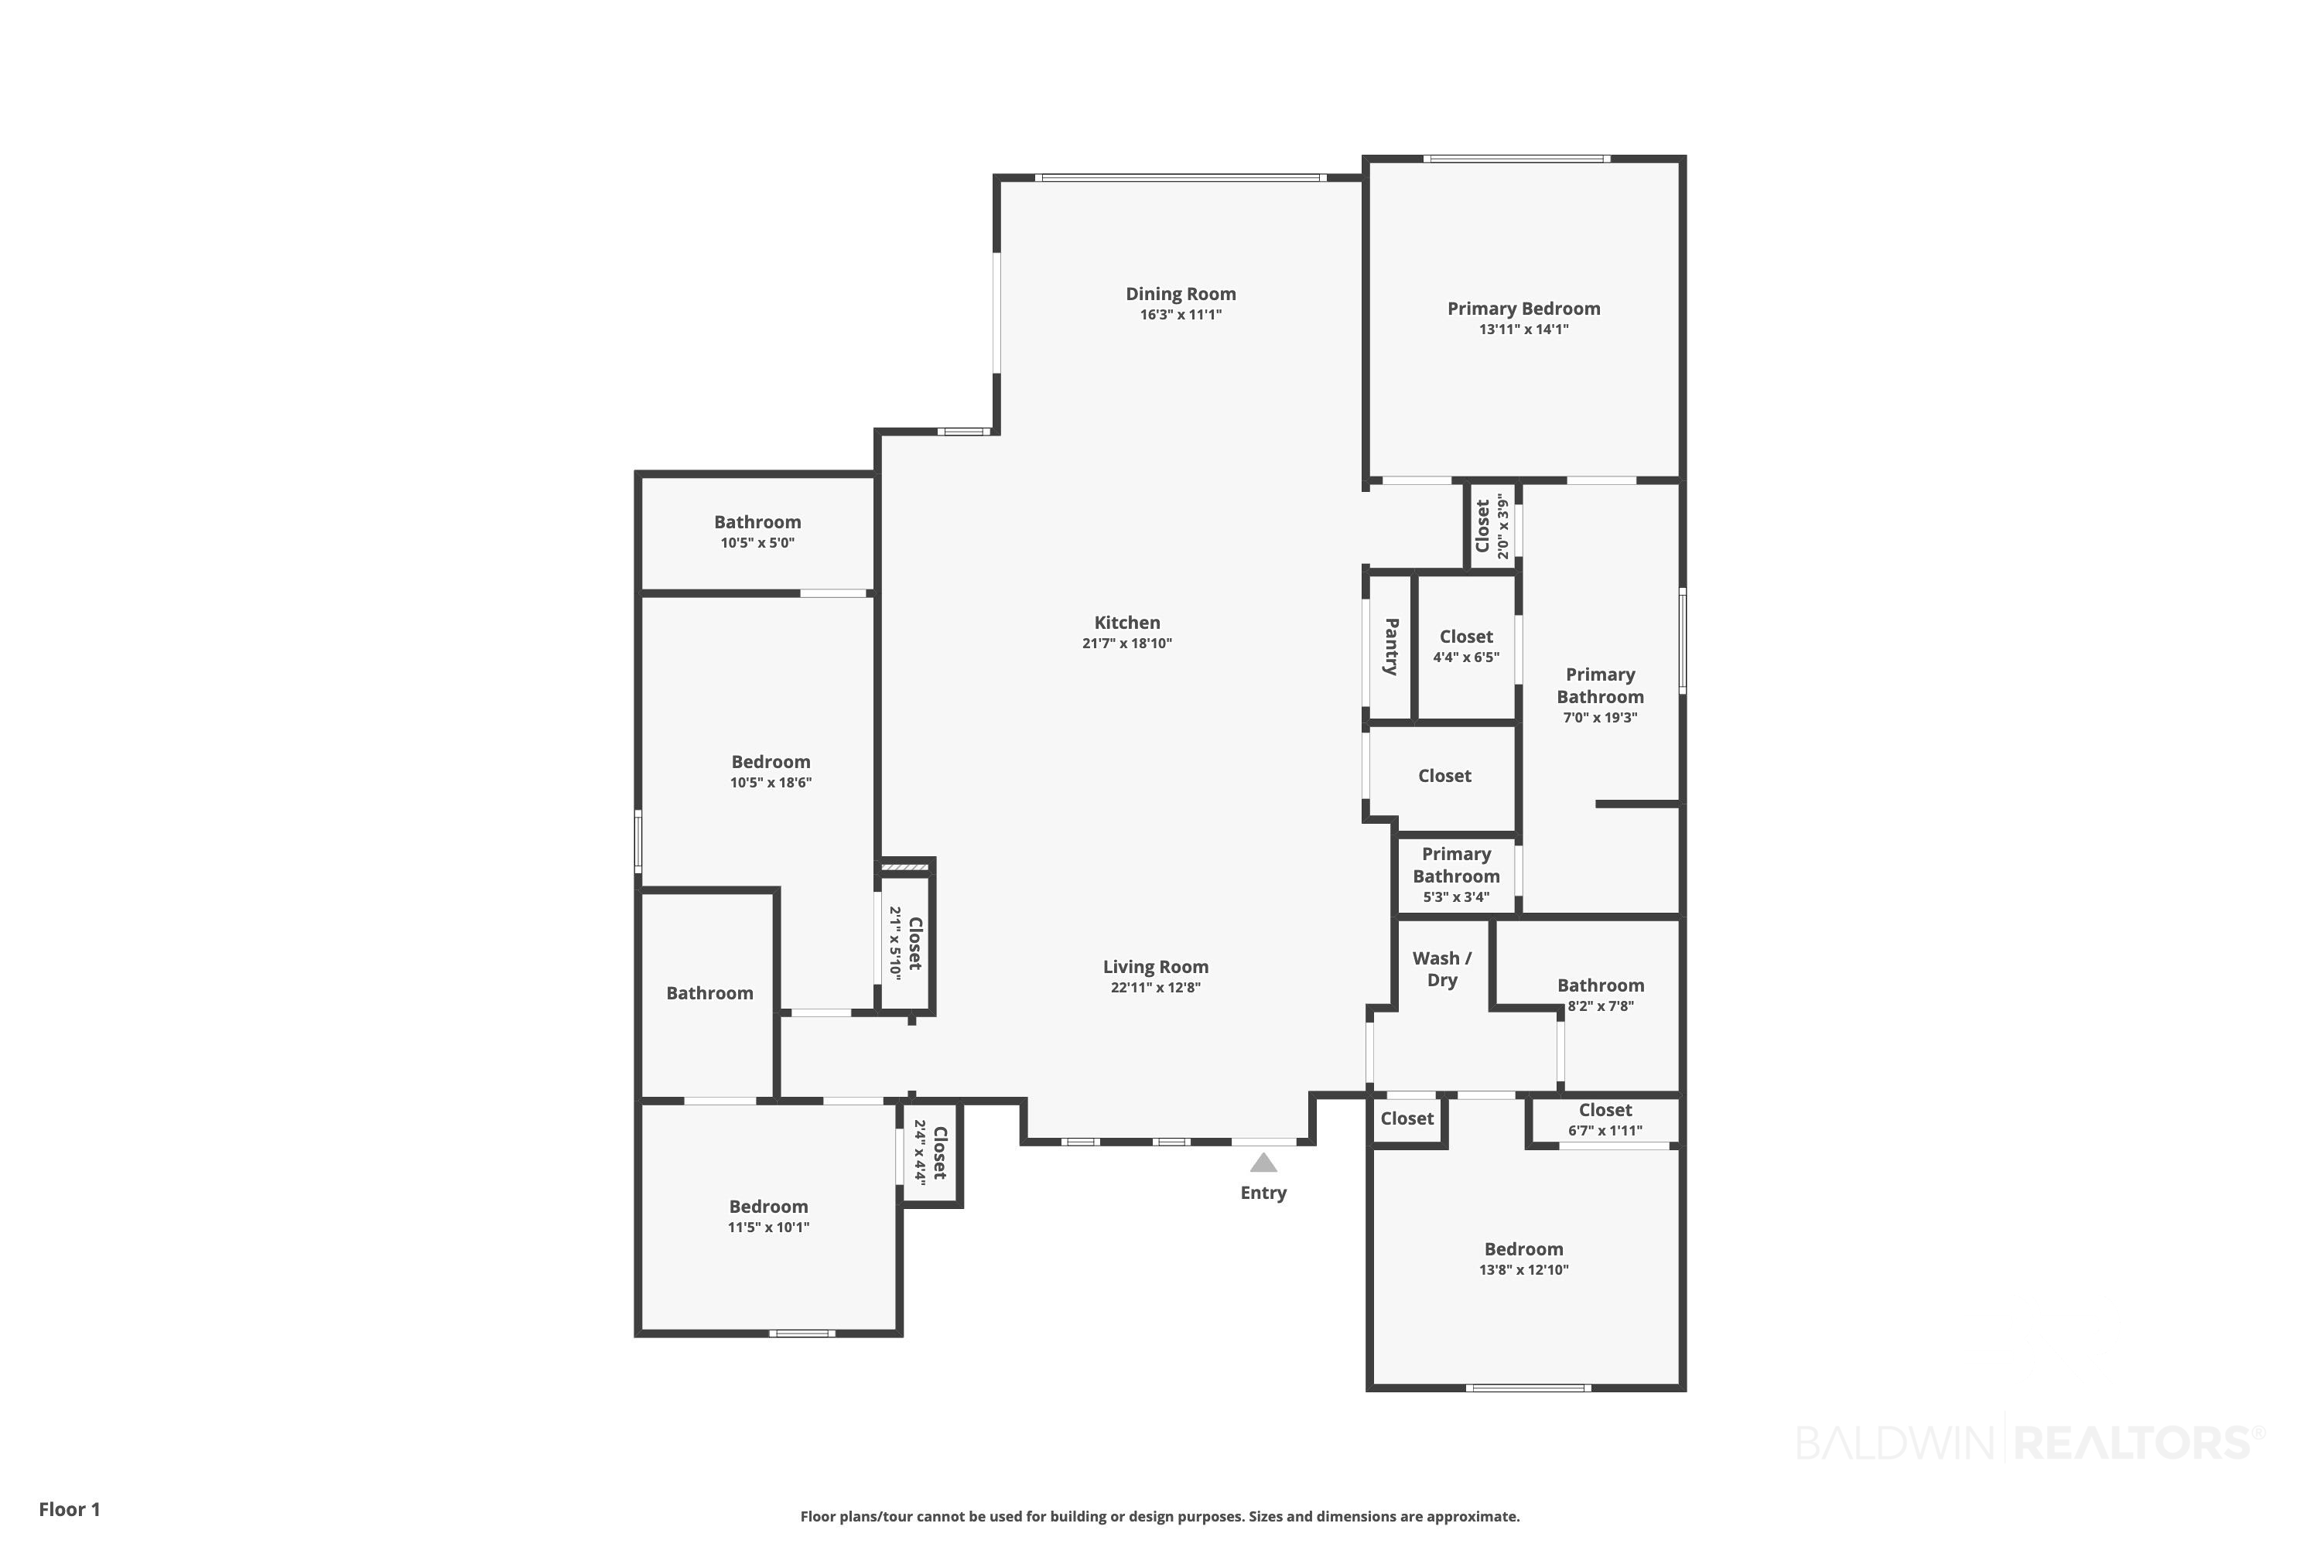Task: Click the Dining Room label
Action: (1181, 294)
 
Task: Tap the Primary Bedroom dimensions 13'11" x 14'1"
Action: (1523, 330)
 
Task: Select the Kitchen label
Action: (1127, 623)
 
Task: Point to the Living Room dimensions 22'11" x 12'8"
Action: (1156, 988)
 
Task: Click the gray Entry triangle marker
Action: (1263, 1163)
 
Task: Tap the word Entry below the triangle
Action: (1263, 1193)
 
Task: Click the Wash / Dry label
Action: (1442, 969)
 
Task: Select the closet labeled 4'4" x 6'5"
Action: (1466, 646)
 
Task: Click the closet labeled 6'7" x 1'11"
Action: (1605, 1120)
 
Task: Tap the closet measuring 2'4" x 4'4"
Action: (930, 1152)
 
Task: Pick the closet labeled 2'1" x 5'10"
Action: (905, 943)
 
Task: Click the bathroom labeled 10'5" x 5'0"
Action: (758, 532)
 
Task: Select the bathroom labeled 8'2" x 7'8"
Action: (1601, 995)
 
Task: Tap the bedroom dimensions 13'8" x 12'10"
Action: (1523, 1270)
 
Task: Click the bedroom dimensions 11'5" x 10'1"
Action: (769, 1228)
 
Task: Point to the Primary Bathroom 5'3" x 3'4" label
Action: (1457, 875)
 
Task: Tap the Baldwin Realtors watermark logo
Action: (2030, 1443)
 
